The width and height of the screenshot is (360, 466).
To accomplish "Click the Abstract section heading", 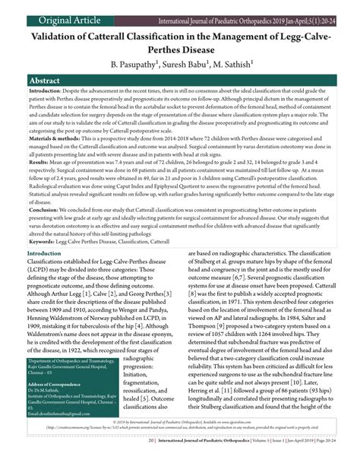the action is click(46, 81).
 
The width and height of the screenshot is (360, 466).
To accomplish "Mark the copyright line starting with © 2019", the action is click(180, 440).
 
